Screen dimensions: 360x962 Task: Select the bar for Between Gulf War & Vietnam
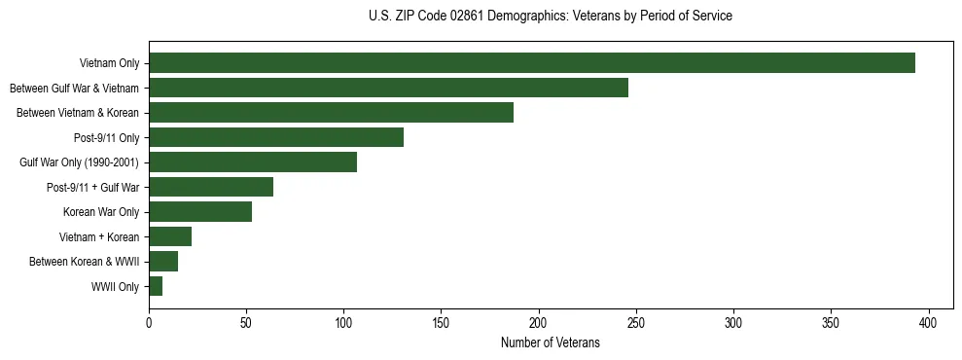tap(388, 88)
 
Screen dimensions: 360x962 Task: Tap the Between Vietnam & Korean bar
tap(331, 113)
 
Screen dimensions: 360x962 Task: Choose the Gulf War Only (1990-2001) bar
tap(253, 162)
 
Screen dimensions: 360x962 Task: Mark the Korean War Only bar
tap(200, 212)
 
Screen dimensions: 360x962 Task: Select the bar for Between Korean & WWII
tap(163, 262)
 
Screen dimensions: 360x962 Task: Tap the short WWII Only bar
tap(156, 286)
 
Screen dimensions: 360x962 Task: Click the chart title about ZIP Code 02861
tap(551, 17)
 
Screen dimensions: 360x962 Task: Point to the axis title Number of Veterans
tap(551, 343)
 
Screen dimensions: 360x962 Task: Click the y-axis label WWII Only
tap(115, 287)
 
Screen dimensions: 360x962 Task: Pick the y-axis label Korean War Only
tap(101, 212)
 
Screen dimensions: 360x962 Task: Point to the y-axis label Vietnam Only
tap(109, 64)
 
